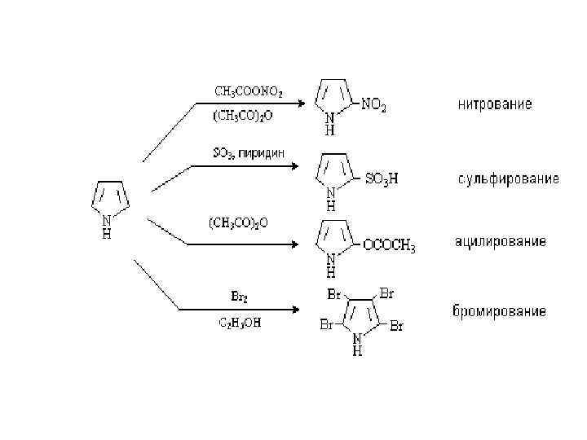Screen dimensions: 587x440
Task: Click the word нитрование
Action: pos(495,104)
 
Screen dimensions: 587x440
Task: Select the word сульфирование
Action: pos(506,178)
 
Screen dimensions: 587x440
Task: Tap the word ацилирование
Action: pos(500,243)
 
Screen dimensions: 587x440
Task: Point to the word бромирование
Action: pos(499,311)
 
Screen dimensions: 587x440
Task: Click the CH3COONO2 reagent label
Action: pos(249,90)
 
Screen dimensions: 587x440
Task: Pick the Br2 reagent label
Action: pos(241,296)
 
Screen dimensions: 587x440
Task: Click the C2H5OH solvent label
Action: pos(241,323)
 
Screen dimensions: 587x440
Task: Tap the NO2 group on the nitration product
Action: pos(374,105)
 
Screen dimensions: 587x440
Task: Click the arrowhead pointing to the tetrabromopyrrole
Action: pos(299,310)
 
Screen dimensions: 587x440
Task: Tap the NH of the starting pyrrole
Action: pos(106,226)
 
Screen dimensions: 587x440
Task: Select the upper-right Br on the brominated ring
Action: pos(386,292)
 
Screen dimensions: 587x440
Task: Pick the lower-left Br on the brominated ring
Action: pos(325,326)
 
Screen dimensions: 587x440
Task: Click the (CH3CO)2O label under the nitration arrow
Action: pos(242,117)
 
